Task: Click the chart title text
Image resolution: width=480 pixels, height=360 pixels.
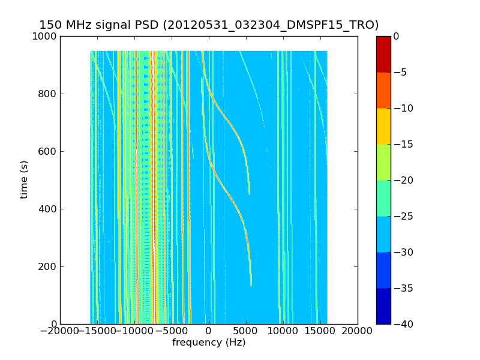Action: coord(209,25)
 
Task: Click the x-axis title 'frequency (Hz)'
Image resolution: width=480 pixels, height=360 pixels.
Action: coord(209,343)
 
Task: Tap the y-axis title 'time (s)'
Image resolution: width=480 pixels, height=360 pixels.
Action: coord(25,179)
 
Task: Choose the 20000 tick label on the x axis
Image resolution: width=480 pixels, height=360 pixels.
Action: coord(358,331)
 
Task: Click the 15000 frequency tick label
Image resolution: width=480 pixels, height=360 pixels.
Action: coord(320,331)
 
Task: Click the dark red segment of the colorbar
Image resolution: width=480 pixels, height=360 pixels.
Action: coord(383,54)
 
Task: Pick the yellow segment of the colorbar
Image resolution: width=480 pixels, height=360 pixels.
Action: coord(383,126)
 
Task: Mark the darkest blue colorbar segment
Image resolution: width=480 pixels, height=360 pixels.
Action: coord(383,306)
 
